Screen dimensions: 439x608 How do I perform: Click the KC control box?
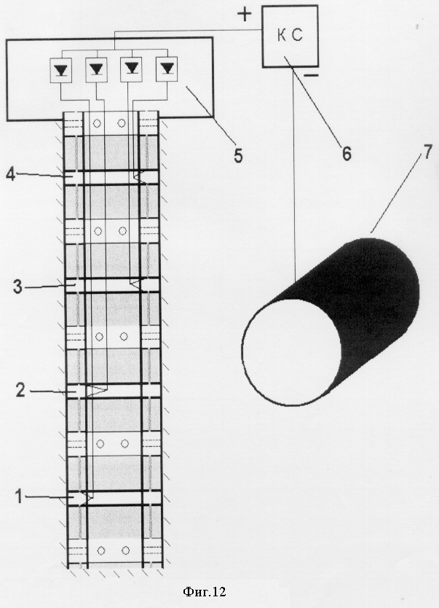click(x=290, y=36)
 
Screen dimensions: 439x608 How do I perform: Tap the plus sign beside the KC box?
click(x=244, y=15)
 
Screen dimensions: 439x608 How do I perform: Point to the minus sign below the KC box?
click(x=311, y=75)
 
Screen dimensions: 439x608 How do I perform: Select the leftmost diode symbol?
click(x=60, y=69)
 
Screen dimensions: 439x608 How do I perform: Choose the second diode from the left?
click(x=95, y=69)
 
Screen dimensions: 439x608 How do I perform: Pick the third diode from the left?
click(x=131, y=69)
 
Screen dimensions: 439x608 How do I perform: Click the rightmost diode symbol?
click(x=167, y=69)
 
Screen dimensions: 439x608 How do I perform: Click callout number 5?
click(x=237, y=155)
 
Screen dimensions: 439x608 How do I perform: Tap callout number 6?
click(x=347, y=154)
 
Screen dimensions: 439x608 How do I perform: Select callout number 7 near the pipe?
click(x=427, y=152)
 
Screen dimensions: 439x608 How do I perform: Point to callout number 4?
click(x=10, y=175)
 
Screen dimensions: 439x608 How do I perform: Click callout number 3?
click(x=17, y=287)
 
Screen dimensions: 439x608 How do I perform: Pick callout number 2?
click(x=20, y=390)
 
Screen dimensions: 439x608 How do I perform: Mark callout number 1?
click(x=19, y=496)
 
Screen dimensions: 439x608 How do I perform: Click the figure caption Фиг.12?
click(x=204, y=591)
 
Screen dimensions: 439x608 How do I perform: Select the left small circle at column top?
click(x=97, y=123)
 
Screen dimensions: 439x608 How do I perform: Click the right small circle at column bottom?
click(x=125, y=550)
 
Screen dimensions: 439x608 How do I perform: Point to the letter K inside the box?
click(x=282, y=36)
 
